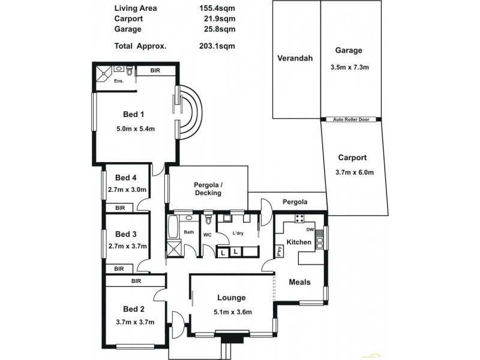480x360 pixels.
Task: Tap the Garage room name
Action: (349, 51)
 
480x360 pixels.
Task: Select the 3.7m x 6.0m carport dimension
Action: (355, 173)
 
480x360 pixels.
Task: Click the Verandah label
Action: (292, 59)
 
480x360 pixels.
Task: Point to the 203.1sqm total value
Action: (217, 45)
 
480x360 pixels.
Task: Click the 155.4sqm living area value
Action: (217, 8)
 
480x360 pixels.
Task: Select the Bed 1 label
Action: (134, 114)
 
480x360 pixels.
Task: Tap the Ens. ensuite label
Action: (119, 81)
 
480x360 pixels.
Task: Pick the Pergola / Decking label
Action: (208, 188)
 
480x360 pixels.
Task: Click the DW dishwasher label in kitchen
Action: (310, 230)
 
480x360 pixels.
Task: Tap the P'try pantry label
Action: (280, 251)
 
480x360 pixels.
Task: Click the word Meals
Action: (299, 282)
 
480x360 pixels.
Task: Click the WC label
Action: (206, 235)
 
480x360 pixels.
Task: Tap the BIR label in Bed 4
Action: (120, 208)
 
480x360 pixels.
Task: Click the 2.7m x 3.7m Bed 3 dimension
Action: (127, 246)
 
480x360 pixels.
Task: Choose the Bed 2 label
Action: (134, 309)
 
